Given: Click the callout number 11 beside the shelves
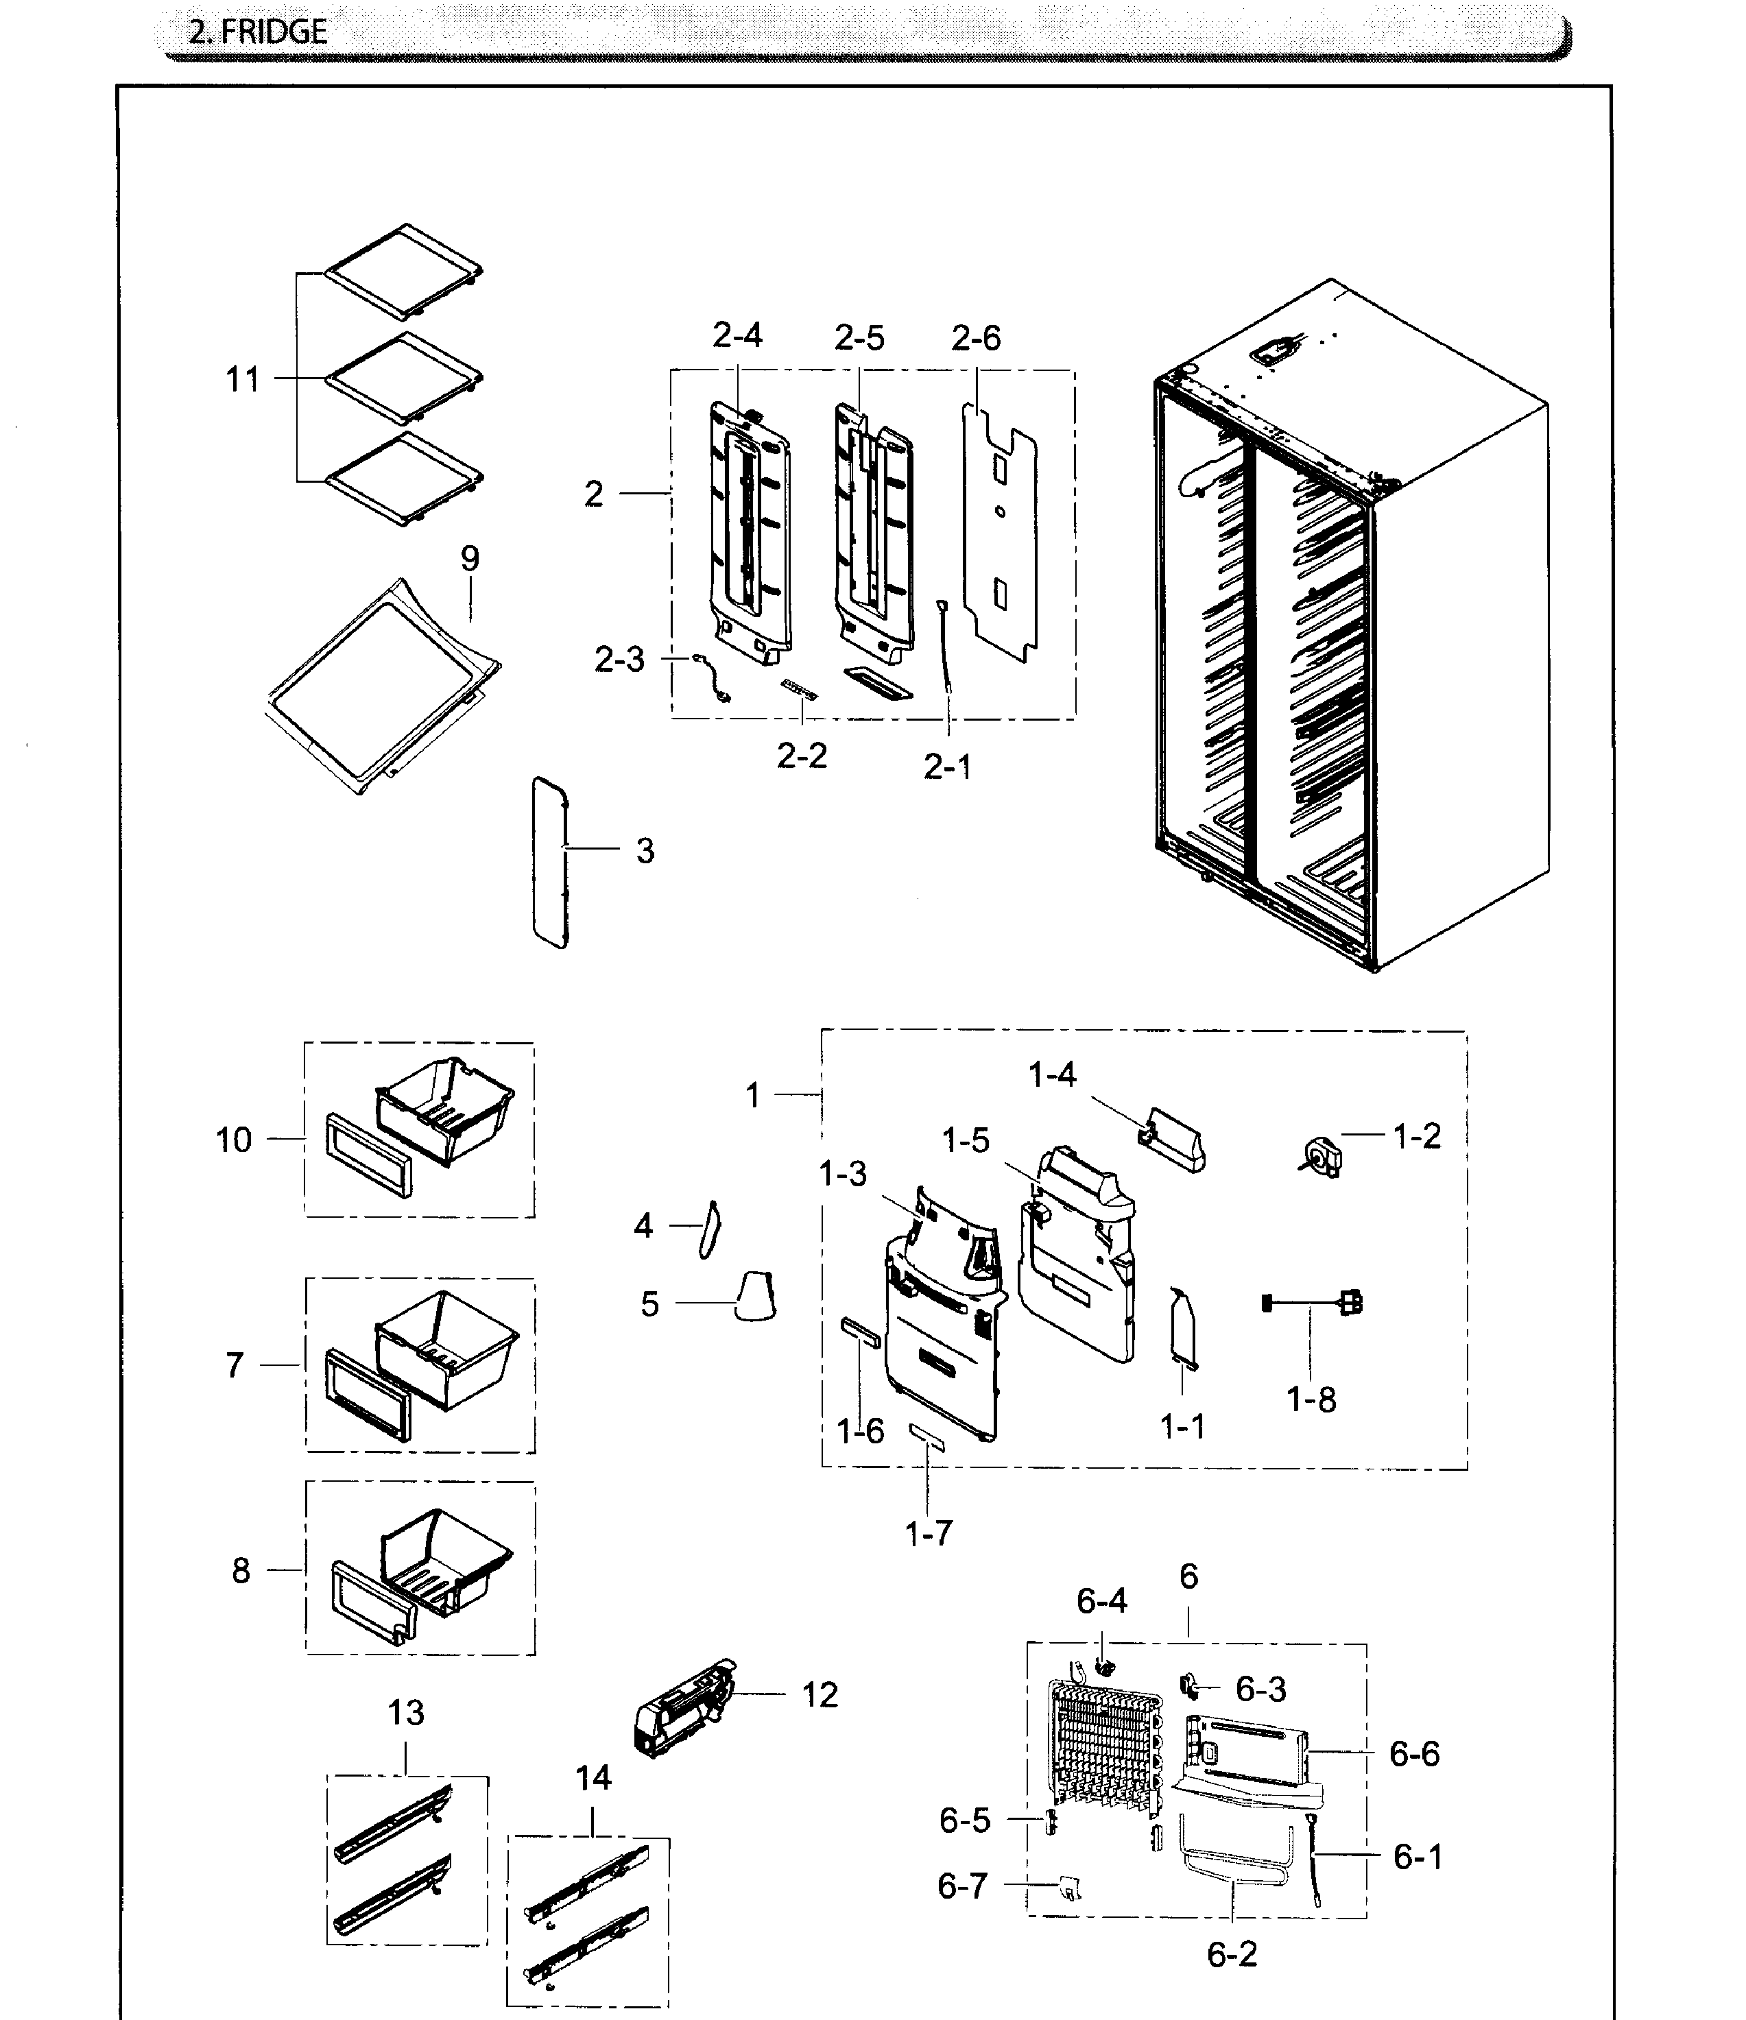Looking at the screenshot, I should [x=243, y=379].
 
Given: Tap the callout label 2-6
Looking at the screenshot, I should [x=976, y=338].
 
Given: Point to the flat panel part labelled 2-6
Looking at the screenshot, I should [x=1001, y=531].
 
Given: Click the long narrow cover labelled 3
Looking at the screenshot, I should [x=550, y=862].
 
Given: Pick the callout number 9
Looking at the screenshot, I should [x=470, y=559].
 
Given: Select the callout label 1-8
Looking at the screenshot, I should [x=1311, y=1400].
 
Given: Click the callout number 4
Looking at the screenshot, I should [x=643, y=1225].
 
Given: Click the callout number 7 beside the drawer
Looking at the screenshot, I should [x=235, y=1365].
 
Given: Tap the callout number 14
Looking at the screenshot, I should [x=593, y=1778].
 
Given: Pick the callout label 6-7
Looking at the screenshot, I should [x=962, y=1886].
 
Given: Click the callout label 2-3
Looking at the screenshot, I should [x=620, y=660].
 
